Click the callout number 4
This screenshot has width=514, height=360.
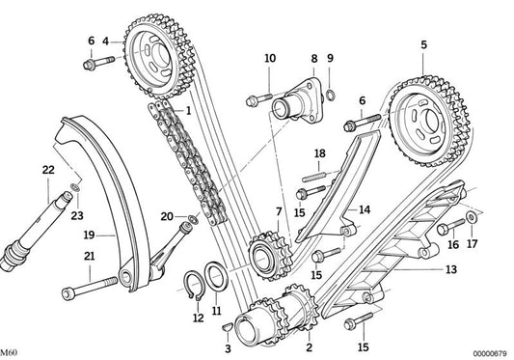[x=106, y=42]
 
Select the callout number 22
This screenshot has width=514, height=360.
[x=47, y=170]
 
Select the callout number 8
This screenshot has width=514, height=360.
[x=313, y=59]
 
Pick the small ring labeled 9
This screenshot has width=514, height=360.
[x=330, y=94]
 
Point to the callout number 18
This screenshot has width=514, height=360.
[x=319, y=153]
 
